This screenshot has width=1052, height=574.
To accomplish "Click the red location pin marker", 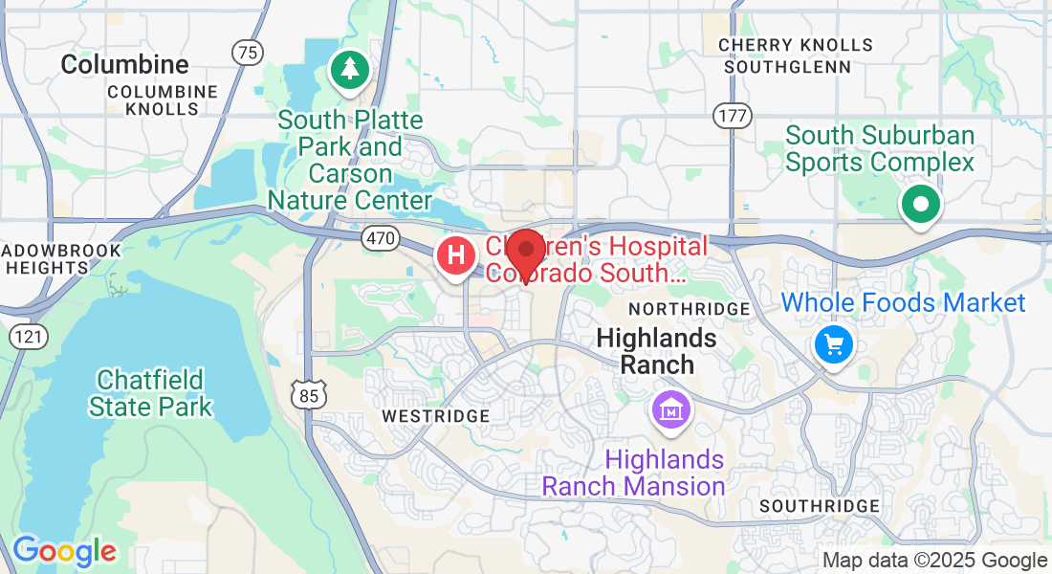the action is tap(525, 252).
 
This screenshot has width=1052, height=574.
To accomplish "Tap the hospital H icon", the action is tap(456, 256).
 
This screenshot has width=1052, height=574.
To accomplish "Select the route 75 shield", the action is tap(248, 53).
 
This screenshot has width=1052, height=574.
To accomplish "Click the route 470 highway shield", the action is tap(381, 239).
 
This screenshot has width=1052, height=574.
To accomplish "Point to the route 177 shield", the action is tap(731, 116).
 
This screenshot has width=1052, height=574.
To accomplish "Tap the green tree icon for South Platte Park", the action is tap(351, 69).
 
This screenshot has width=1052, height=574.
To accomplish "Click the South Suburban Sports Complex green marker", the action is tap(920, 203).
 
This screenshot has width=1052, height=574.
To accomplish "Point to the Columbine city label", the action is tap(124, 65).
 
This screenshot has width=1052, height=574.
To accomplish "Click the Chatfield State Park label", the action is tap(150, 393).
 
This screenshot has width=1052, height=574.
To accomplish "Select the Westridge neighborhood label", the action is tap(435, 416).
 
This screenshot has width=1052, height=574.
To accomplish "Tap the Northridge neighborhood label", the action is tap(689, 309).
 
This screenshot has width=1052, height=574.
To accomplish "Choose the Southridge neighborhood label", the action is tap(819, 506).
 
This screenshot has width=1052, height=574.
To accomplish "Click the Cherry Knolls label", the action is tap(795, 45).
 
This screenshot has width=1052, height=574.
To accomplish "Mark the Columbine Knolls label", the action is tap(162, 100).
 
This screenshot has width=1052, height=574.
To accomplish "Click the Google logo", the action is tap(64, 551).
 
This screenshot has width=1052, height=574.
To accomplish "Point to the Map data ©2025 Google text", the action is tap(934, 561).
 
